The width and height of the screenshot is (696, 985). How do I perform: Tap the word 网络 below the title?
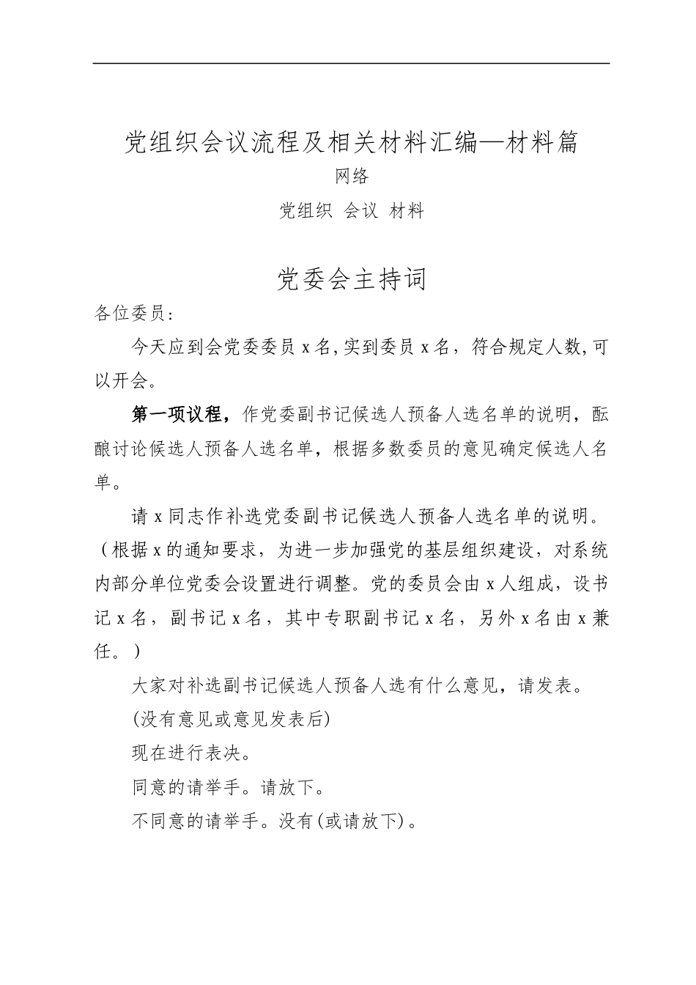[351, 177]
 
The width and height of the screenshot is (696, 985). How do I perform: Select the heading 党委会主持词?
[351, 279]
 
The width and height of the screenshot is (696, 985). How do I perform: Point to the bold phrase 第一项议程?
[176, 415]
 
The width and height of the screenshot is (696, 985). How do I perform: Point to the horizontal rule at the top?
[351, 63]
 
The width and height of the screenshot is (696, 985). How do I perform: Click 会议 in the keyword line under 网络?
[361, 211]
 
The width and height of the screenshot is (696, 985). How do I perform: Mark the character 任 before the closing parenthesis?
[103, 652]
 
